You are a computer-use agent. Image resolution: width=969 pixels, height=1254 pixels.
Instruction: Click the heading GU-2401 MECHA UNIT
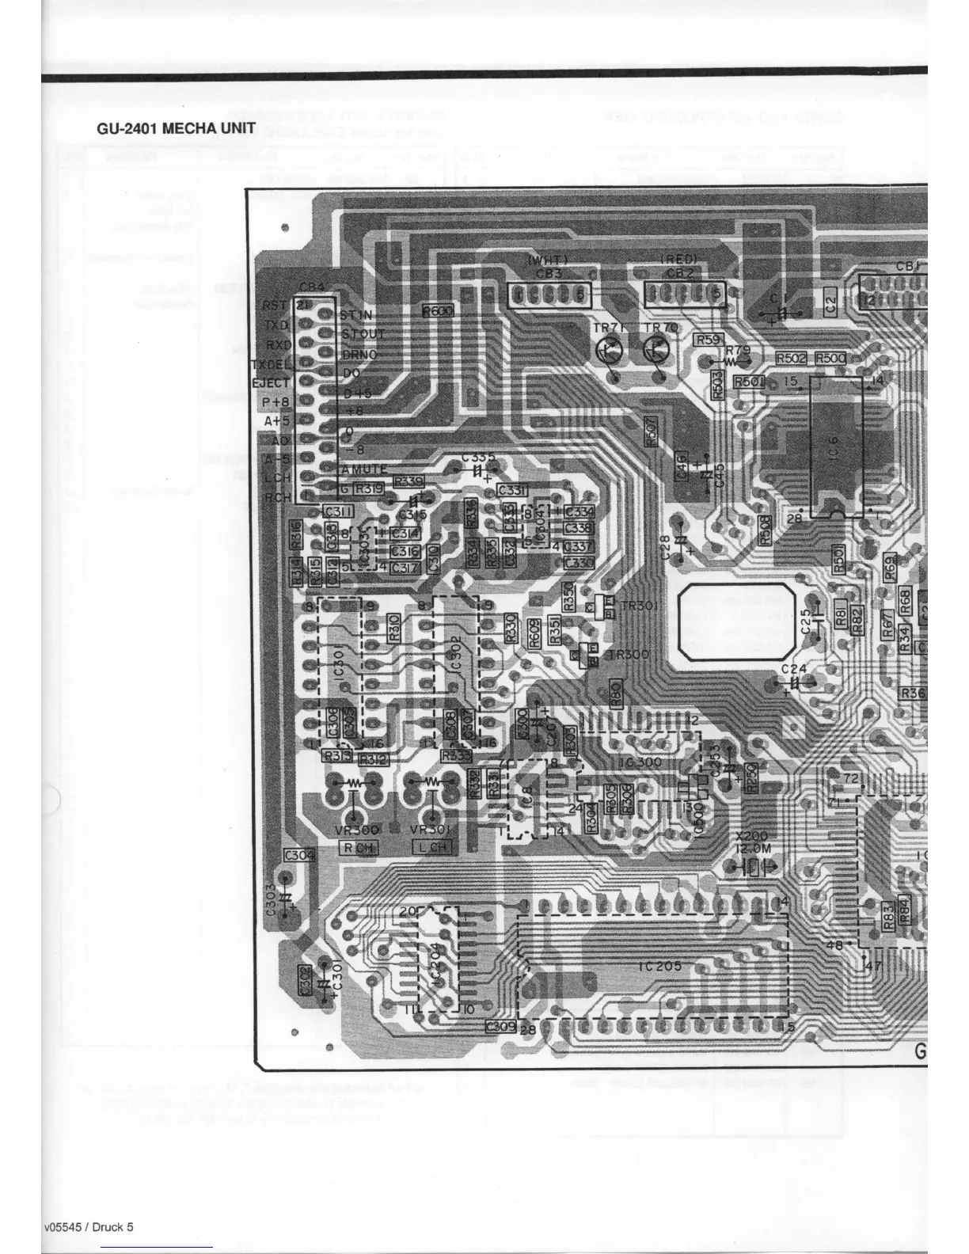[176, 128]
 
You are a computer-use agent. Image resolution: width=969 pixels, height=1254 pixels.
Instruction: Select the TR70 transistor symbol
[656, 348]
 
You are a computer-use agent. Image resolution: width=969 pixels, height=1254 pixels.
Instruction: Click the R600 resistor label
[438, 311]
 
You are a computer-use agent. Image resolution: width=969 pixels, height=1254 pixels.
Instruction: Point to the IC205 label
[659, 966]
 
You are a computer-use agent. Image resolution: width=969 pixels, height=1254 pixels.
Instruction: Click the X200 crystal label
[751, 836]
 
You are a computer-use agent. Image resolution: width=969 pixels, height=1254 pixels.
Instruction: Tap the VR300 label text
[358, 830]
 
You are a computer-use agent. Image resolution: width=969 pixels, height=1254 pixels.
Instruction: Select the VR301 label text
[431, 830]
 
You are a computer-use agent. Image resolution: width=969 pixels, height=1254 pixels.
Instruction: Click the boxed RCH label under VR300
[358, 848]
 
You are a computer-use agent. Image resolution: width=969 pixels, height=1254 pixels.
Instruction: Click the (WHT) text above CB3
[547, 260]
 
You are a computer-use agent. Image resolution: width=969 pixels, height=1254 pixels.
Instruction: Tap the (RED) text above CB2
[678, 260]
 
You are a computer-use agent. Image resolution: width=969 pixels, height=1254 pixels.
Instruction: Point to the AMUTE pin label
[363, 469]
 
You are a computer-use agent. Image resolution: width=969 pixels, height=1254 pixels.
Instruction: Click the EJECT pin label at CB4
[271, 383]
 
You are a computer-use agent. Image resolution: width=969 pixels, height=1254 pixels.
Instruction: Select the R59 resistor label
[708, 340]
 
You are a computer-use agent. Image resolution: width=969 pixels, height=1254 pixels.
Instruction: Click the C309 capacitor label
[500, 1027]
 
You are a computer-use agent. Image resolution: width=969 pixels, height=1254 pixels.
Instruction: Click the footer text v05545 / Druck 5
[89, 1227]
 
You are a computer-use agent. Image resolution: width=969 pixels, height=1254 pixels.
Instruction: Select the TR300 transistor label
[628, 655]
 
